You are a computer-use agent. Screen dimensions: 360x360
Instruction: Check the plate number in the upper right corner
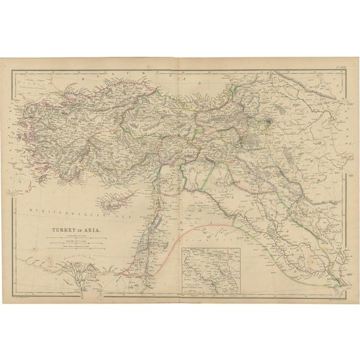click(x=342, y=67)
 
